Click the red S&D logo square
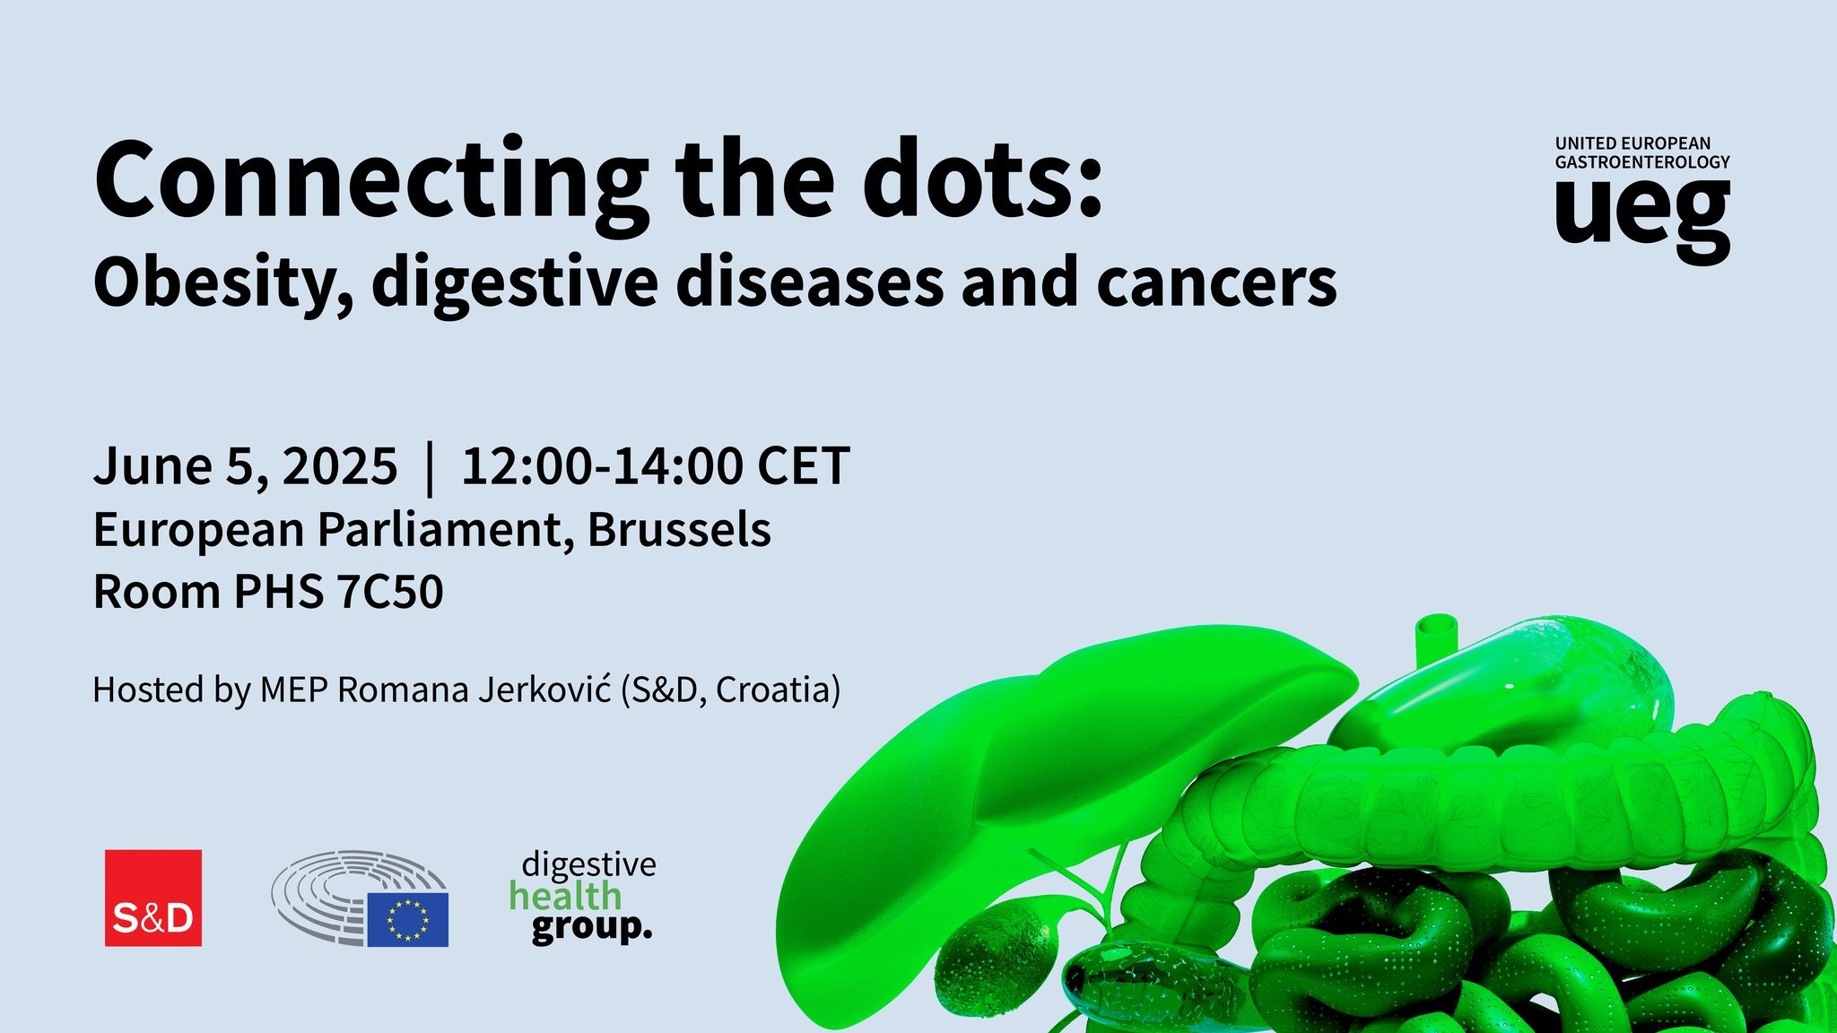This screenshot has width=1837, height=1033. click(x=153, y=898)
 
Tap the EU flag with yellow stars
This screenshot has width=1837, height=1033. click(x=407, y=919)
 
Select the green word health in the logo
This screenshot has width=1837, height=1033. click(x=565, y=896)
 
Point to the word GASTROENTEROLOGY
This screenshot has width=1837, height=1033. click(x=1641, y=162)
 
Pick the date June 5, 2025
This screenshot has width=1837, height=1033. click(x=245, y=466)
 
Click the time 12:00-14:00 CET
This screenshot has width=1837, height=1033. click(x=655, y=466)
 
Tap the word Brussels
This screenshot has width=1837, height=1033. click(x=679, y=529)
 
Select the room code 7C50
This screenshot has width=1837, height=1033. click(x=389, y=592)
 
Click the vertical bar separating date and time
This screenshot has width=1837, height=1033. click(x=430, y=467)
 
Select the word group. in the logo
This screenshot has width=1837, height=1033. click(x=591, y=927)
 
